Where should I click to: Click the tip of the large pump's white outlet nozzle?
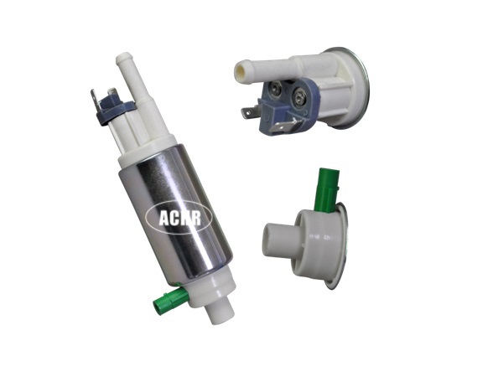[123, 58]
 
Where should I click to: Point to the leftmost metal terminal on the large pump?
[94, 99]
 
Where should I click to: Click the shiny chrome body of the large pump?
[176, 213]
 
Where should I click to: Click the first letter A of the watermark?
[164, 218]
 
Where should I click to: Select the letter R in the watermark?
[195, 218]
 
